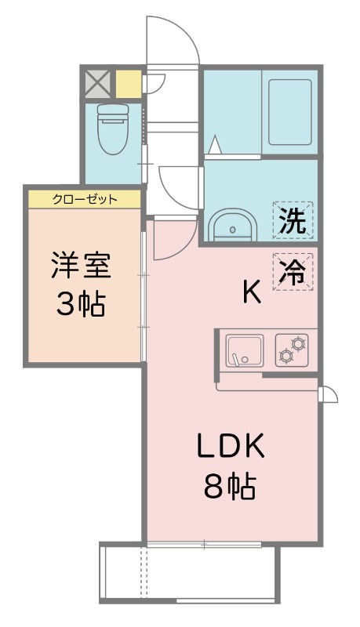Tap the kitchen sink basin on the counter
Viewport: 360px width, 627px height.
pos(245,350)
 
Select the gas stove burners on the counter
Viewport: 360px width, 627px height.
pos(293,350)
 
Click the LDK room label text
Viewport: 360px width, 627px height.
pos(231,448)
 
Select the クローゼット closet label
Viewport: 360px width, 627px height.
pos(85,199)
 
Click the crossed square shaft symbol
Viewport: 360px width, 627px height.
pos(97,82)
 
